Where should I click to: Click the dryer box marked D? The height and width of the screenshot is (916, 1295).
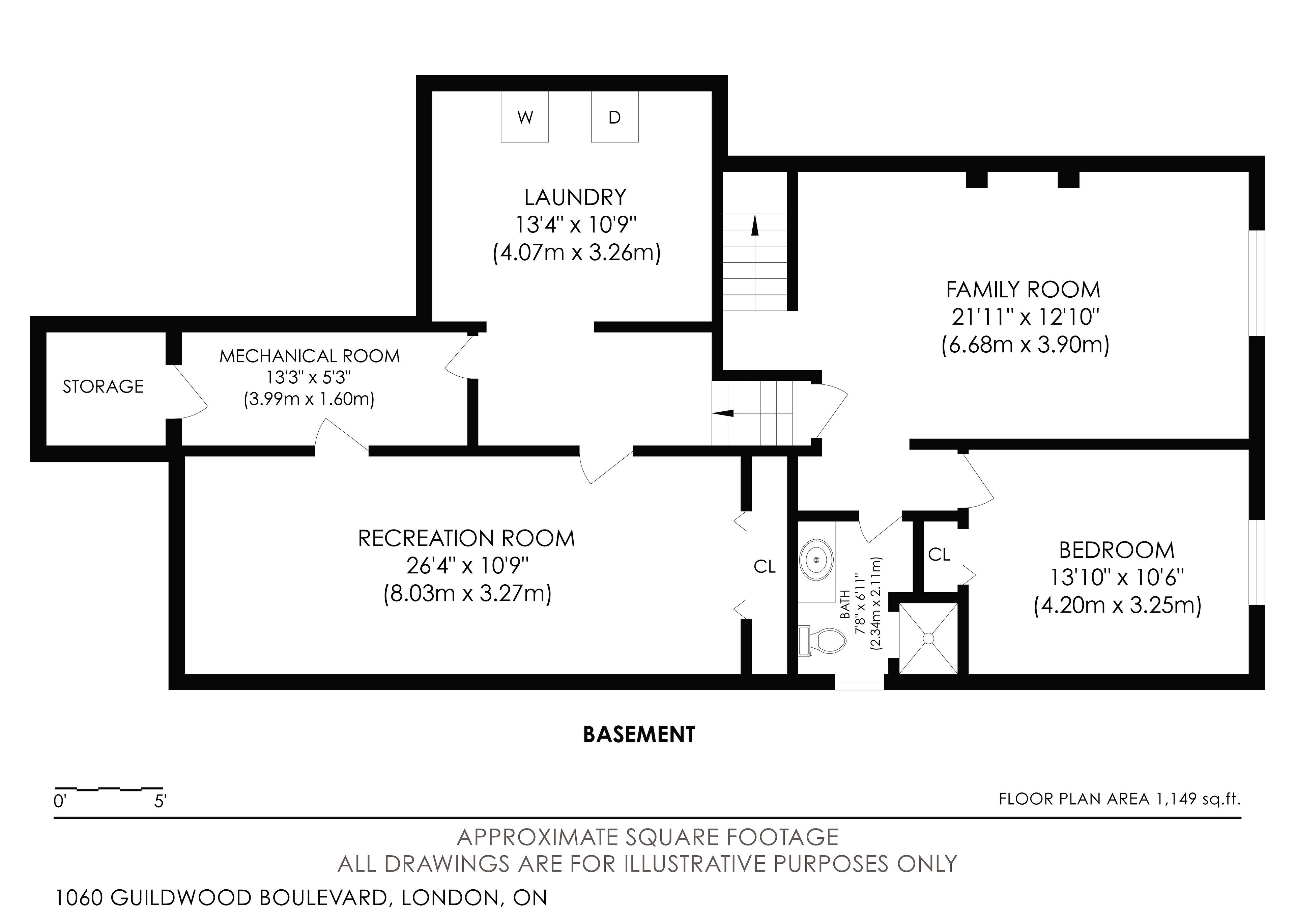pyautogui.click(x=615, y=117)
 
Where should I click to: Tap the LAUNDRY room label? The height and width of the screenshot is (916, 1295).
pyautogui.click(x=575, y=197)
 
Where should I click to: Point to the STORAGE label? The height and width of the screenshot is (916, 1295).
pyautogui.click(x=103, y=386)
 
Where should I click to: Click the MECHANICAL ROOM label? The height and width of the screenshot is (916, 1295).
pyautogui.click(x=310, y=356)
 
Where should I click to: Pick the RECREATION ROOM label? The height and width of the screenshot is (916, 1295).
pyautogui.click(x=466, y=538)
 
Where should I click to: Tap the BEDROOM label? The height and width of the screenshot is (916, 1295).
pyautogui.click(x=1117, y=550)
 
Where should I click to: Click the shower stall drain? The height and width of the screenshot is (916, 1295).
pyautogui.click(x=928, y=638)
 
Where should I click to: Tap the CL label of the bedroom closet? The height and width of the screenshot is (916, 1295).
pyautogui.click(x=939, y=555)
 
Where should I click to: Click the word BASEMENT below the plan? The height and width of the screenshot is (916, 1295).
pyautogui.click(x=639, y=734)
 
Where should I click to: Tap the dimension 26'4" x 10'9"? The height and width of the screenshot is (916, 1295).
pyautogui.click(x=467, y=566)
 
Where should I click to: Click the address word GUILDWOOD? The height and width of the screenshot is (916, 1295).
pyautogui.click(x=182, y=897)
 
